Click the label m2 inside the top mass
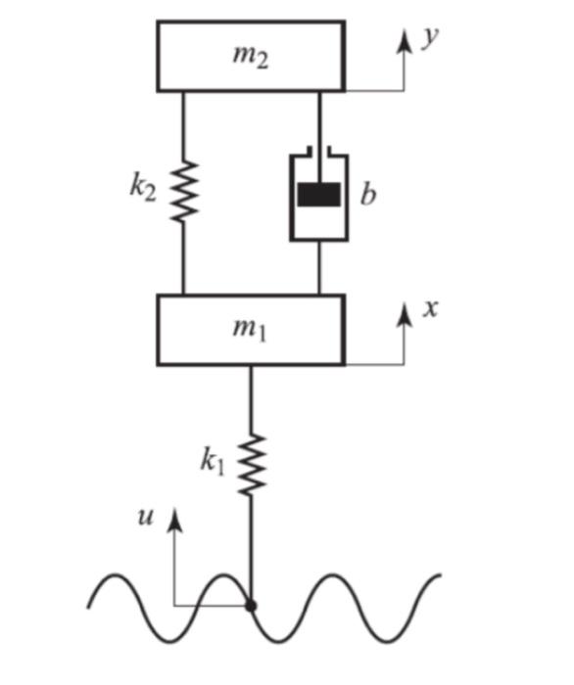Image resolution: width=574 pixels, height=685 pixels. [x=250, y=56]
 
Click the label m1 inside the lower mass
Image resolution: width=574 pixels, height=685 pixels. [x=250, y=329]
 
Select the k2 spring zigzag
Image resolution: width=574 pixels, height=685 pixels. [x=183, y=190]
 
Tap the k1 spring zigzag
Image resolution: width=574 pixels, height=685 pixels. [x=252, y=465]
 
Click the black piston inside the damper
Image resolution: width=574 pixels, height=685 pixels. [x=320, y=195]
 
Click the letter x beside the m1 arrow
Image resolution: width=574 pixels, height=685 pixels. [x=428, y=308]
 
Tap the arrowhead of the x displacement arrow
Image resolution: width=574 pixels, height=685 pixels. [x=402, y=311]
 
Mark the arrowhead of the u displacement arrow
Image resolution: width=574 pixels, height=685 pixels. [x=174, y=518]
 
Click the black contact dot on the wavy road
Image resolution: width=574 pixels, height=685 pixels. [x=252, y=606]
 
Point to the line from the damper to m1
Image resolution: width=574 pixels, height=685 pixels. [x=320, y=266]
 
